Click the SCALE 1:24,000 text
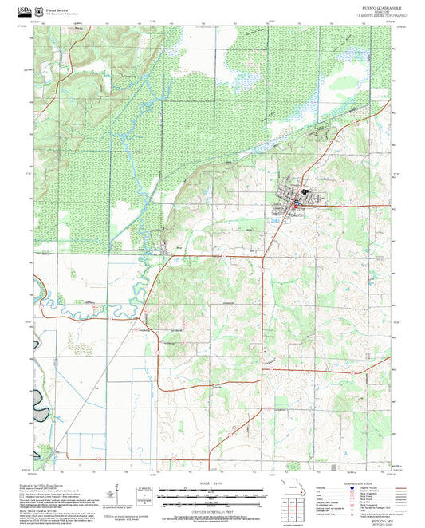click(x=211, y=484)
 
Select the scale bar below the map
click(x=211, y=493)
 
